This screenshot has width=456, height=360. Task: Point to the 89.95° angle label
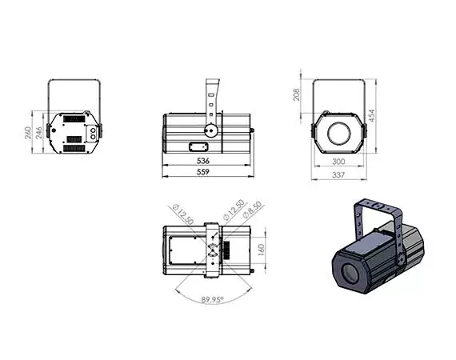pos(211,301)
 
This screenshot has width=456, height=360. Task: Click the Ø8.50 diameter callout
pos(250,211)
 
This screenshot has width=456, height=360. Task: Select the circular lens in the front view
pos(340,131)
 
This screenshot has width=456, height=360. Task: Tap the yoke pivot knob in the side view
pos(210,130)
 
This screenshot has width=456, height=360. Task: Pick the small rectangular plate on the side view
pos(198,146)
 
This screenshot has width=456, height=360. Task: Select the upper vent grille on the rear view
pos(75,118)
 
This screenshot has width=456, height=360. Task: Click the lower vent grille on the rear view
pos(75,148)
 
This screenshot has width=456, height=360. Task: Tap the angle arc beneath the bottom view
pos(211,290)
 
